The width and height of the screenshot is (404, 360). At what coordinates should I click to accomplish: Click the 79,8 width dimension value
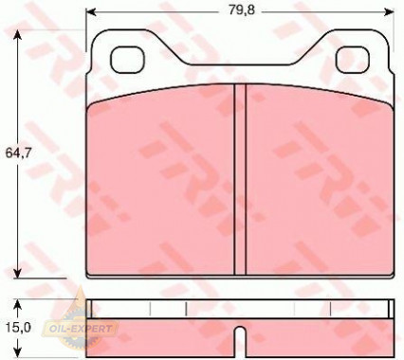242,10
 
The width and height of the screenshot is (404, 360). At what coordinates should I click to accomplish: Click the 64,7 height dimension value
18,153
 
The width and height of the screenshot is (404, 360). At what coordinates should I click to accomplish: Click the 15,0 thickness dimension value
18,328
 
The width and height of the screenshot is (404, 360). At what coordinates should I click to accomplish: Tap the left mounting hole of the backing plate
127,60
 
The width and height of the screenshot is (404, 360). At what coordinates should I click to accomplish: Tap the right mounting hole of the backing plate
353,60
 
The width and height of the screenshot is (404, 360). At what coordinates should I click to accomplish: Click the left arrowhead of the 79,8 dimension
91,12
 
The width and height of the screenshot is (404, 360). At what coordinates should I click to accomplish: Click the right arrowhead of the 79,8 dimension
390,12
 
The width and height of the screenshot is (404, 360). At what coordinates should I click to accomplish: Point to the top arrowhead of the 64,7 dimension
18,34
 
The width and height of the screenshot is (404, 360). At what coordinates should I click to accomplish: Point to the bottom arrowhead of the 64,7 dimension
18,274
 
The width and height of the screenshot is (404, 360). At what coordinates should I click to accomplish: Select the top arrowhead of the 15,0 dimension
18,304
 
